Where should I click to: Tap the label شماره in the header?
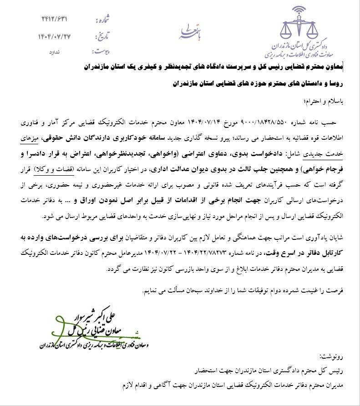pos(102,20)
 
